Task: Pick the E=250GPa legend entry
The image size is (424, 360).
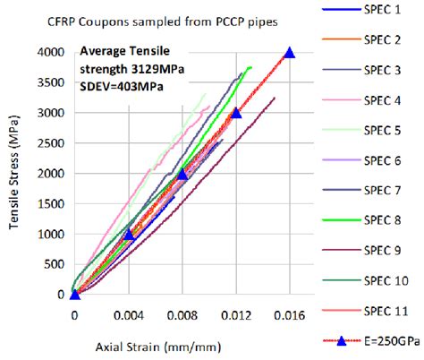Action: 386,343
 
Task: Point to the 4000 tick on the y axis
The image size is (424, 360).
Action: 53,53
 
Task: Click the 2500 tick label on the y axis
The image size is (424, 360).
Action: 53,143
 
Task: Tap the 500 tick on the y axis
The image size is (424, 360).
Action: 56,264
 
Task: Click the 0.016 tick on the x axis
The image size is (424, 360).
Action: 288,315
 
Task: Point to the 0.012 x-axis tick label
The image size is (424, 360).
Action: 235,315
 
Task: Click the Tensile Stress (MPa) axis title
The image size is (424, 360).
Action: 15,174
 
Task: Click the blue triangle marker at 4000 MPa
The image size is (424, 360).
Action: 289,54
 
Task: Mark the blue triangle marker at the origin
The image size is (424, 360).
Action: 74,294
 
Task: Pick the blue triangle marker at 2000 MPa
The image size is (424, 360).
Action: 182,174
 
